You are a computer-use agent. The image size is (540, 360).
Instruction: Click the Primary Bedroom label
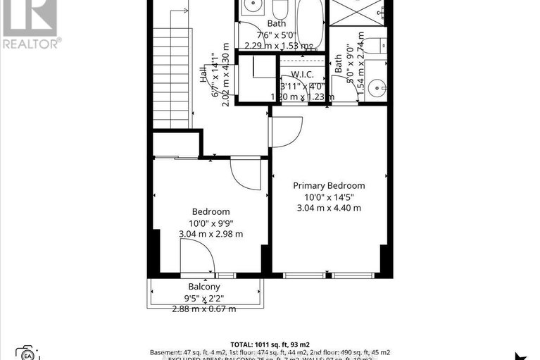coord(329,185)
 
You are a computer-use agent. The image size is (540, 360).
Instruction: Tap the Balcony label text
coord(204,287)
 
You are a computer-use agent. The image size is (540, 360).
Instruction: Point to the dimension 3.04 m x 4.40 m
coord(329,208)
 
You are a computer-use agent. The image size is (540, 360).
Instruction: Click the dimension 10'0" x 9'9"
coord(211,223)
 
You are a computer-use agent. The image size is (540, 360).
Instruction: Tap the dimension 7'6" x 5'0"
coord(281,34)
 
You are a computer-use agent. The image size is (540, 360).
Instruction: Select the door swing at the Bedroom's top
coord(246,173)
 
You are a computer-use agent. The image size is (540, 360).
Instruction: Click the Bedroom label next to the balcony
coord(211,211)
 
